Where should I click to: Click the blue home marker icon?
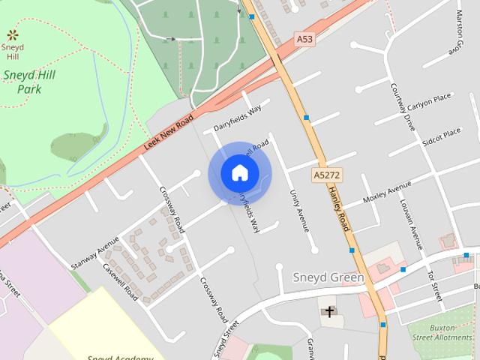[x=239, y=173]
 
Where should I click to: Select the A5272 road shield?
[x=325, y=174]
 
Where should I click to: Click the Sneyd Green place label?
[x=328, y=277]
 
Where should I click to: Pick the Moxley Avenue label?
[x=387, y=193]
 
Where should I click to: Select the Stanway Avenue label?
[x=94, y=253]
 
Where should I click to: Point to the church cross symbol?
[x=328, y=310]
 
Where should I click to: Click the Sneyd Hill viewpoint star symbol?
[x=12, y=34]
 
